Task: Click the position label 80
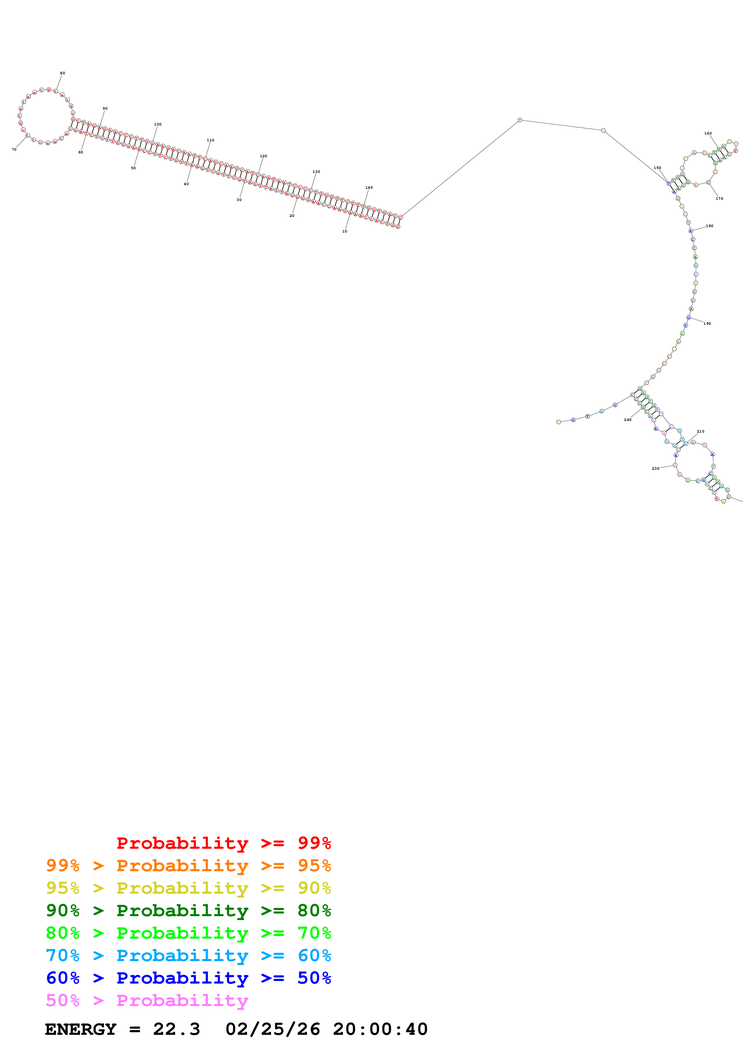click(x=62, y=73)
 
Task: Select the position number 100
click(x=157, y=125)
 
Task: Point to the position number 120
click(x=263, y=156)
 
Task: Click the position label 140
click(x=369, y=188)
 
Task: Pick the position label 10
click(x=345, y=232)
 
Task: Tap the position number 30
click(x=239, y=200)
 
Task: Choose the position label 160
click(x=708, y=134)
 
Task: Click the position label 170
click(x=719, y=199)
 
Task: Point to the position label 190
click(x=707, y=324)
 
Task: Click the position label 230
click(x=655, y=469)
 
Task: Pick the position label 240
click(x=628, y=420)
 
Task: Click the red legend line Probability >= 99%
click(x=223, y=843)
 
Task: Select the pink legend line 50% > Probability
click(x=147, y=1001)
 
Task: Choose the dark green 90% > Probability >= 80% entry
click(x=188, y=910)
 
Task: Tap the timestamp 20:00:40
click(x=380, y=1029)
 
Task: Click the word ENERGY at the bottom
click(x=81, y=1029)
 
